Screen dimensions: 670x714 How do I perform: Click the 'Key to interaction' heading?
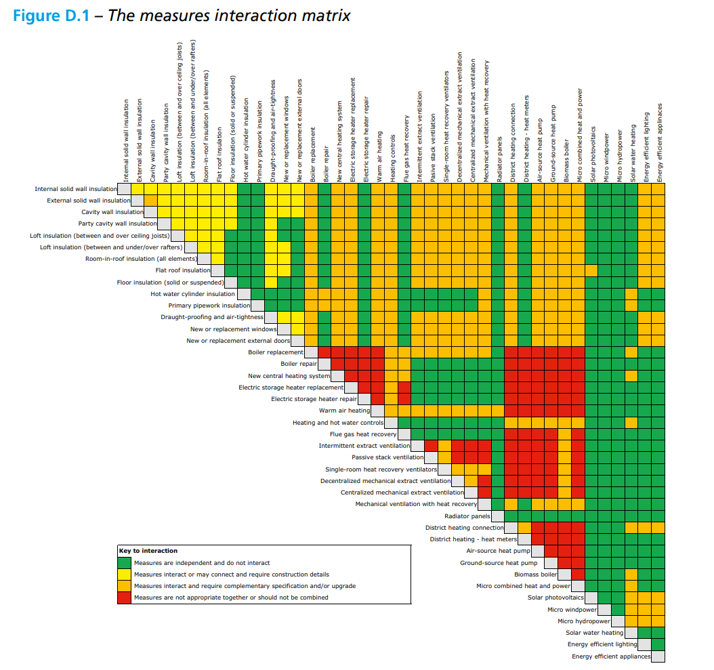point(148,551)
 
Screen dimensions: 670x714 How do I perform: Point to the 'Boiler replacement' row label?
point(276,352)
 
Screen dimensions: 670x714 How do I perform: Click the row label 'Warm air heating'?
point(344,411)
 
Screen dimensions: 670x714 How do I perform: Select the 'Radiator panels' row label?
point(467,516)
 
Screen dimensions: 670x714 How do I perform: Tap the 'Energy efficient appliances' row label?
point(611,656)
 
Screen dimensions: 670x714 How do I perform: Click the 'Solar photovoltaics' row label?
point(555,598)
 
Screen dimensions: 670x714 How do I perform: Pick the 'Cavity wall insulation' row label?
point(112,212)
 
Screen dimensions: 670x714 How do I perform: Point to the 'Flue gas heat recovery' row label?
point(363,434)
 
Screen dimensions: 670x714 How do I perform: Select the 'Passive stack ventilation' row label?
point(387,457)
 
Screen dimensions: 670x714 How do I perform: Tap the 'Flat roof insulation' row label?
point(183,270)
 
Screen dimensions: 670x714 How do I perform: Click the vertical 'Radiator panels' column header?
point(500,156)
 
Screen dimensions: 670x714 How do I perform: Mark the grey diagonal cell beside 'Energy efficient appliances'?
point(658,656)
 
